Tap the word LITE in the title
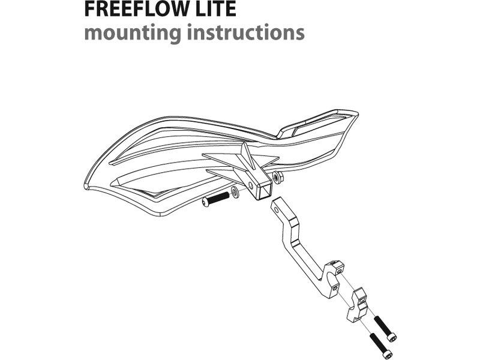point(214,9)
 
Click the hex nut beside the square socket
point(278,177)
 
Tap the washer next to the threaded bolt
point(235,191)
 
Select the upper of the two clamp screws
point(385,329)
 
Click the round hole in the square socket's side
point(251,185)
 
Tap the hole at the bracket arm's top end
point(277,210)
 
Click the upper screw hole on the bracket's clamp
point(339,271)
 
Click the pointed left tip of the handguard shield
point(85,185)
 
